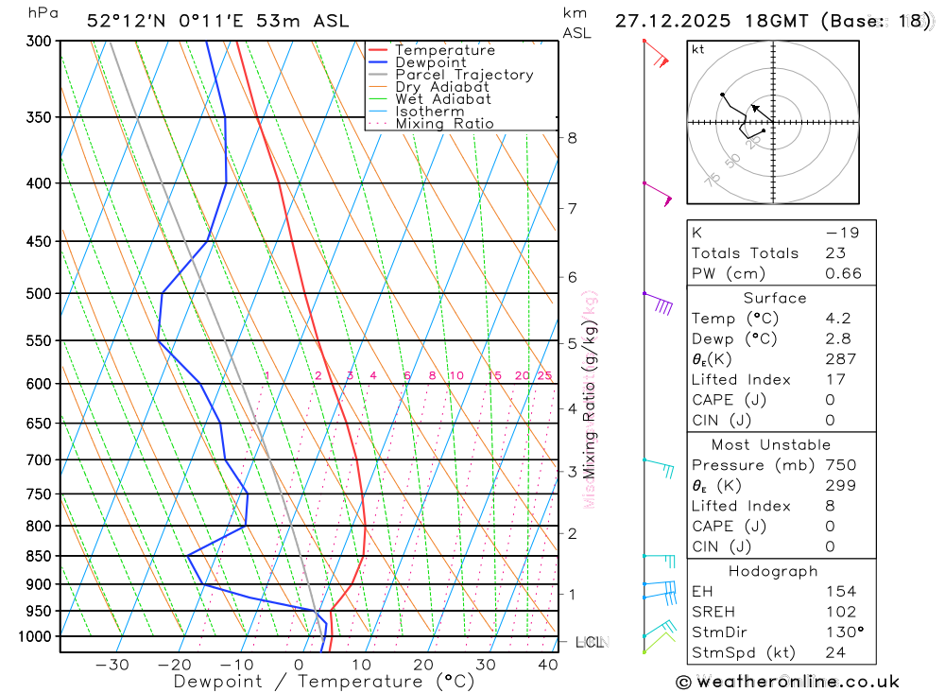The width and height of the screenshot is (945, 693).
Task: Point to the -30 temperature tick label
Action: [x=112, y=665]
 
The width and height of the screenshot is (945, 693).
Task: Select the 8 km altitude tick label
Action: [x=572, y=137]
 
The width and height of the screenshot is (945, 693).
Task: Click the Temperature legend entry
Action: [x=444, y=50]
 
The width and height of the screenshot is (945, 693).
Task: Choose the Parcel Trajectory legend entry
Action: [x=464, y=75]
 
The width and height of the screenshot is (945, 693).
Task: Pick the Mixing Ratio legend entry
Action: [x=444, y=123]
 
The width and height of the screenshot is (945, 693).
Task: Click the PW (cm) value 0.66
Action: [x=844, y=273]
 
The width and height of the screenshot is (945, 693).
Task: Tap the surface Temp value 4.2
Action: [x=837, y=319]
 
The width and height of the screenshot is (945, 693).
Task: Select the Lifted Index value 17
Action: [x=833, y=379]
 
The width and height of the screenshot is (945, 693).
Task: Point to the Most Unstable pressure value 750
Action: [x=840, y=465]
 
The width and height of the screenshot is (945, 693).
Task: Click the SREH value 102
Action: [x=840, y=612]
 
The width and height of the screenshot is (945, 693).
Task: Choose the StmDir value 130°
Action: [x=844, y=632]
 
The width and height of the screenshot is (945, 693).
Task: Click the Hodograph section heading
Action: [x=774, y=571]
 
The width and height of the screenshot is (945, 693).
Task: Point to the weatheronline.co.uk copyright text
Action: [x=787, y=682]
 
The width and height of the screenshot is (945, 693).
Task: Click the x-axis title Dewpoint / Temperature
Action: [x=324, y=681]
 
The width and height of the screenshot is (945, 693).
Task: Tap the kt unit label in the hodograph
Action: [x=698, y=49]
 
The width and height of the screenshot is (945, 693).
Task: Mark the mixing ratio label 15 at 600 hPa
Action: [x=494, y=375]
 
